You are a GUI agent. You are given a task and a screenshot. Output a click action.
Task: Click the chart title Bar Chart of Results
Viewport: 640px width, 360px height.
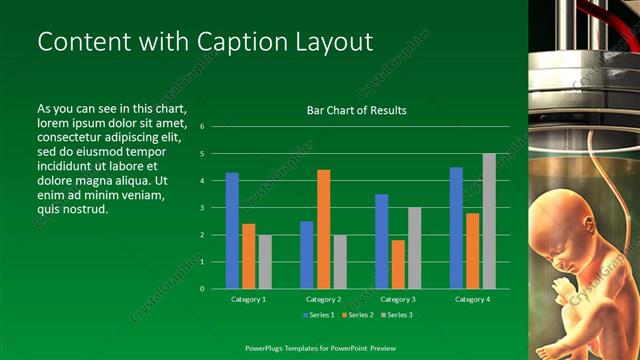point(356,110)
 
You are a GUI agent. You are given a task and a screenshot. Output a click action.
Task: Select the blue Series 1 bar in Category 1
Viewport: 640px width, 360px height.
point(232,230)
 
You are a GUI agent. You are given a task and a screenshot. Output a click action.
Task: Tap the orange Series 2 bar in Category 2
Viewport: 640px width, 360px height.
point(323,229)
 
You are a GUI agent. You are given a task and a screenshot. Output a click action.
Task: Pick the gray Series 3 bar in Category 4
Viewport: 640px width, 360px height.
point(489,221)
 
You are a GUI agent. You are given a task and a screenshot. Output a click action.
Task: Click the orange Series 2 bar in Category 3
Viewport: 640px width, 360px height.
point(398,264)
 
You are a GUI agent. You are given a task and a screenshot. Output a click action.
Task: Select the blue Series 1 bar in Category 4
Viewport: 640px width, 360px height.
point(456,228)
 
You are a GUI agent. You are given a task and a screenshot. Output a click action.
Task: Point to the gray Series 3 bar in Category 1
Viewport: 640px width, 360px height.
point(265,262)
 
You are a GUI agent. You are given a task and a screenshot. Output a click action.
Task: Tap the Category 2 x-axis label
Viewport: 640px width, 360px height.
point(323,299)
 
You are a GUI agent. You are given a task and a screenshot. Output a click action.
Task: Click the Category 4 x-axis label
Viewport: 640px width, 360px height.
point(472,299)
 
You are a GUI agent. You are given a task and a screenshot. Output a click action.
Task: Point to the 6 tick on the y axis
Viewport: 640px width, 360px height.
point(202,127)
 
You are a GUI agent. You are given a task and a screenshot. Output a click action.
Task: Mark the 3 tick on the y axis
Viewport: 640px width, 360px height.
point(202,208)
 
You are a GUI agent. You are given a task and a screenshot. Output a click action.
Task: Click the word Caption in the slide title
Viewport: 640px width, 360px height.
point(217,42)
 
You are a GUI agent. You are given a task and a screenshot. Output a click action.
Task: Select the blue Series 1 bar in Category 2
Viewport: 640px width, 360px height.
point(306,255)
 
